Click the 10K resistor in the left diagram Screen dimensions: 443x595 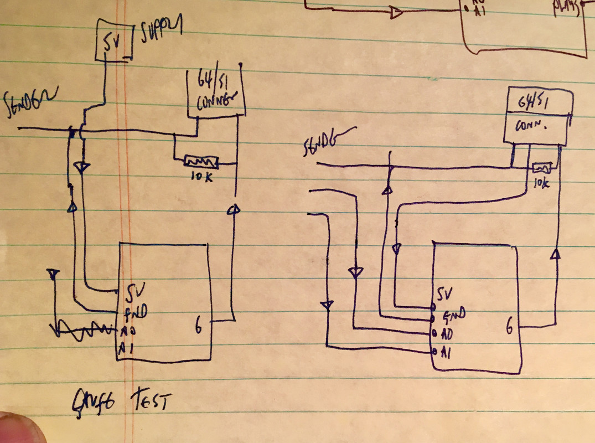tap(201, 162)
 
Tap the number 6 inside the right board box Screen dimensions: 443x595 tap(509, 329)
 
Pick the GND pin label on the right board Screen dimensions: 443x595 tap(452, 316)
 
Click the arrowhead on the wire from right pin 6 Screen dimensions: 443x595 tap(556, 254)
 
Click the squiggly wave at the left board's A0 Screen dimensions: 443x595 tap(83, 331)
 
